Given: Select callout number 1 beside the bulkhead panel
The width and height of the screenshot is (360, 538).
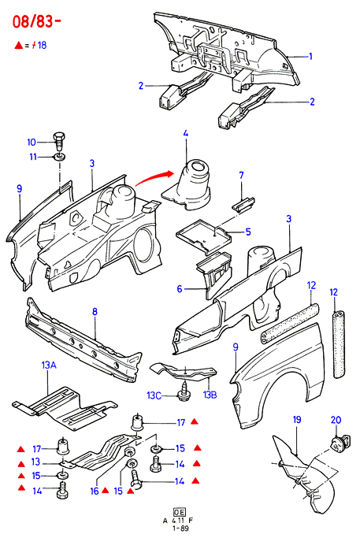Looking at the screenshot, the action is (x=310, y=56).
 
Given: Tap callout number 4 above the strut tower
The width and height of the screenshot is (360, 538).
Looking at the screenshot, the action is (x=186, y=133).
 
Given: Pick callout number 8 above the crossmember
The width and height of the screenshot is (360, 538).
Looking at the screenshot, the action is (x=95, y=312).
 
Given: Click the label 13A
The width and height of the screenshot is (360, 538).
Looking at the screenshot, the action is (x=49, y=365).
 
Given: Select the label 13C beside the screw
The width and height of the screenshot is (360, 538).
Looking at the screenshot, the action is (x=154, y=395).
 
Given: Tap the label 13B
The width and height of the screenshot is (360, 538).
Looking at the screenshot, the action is (x=210, y=395).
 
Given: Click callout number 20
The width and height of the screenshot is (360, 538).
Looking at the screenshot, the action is (x=336, y=420).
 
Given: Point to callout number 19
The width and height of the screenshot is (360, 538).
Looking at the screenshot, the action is (x=297, y=419).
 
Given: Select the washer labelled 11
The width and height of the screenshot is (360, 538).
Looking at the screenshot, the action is (x=60, y=158).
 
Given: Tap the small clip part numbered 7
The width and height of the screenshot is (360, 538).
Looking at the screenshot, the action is (x=243, y=205).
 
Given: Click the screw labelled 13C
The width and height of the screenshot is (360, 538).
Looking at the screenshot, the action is (x=184, y=394).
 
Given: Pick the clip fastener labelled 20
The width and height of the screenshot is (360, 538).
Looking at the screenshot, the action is (x=340, y=442).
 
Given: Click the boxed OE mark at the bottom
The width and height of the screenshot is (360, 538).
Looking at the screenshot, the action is (x=180, y=512).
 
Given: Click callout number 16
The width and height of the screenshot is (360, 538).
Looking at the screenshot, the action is (x=95, y=492).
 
